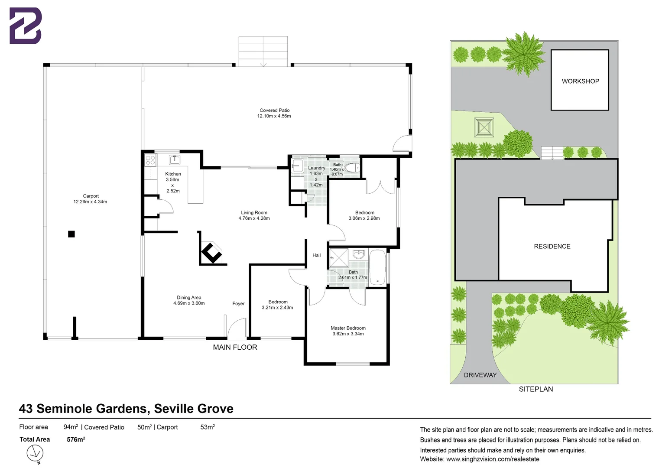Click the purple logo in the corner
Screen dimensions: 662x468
click(26, 26)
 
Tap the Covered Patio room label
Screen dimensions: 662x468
click(275, 110)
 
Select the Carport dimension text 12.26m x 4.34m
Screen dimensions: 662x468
click(90, 201)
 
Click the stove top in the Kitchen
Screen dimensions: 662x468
click(150, 160)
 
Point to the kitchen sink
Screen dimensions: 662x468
click(174, 159)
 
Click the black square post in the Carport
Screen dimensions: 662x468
click(71, 234)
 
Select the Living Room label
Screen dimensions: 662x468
click(254, 213)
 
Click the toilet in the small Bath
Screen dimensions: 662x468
click(352, 168)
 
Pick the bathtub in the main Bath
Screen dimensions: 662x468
click(377, 268)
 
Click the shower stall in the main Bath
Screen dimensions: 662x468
click(339, 258)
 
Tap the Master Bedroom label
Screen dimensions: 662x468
click(348, 328)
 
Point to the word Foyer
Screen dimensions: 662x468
click(238, 304)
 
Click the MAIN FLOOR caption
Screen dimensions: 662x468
click(235, 347)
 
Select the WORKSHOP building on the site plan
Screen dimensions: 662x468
click(580, 80)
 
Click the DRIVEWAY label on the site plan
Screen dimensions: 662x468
click(480, 375)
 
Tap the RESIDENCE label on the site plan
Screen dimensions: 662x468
click(552, 247)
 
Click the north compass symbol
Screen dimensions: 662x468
click(35, 454)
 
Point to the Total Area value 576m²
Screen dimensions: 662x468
click(76, 440)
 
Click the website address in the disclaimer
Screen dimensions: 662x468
click(493, 459)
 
